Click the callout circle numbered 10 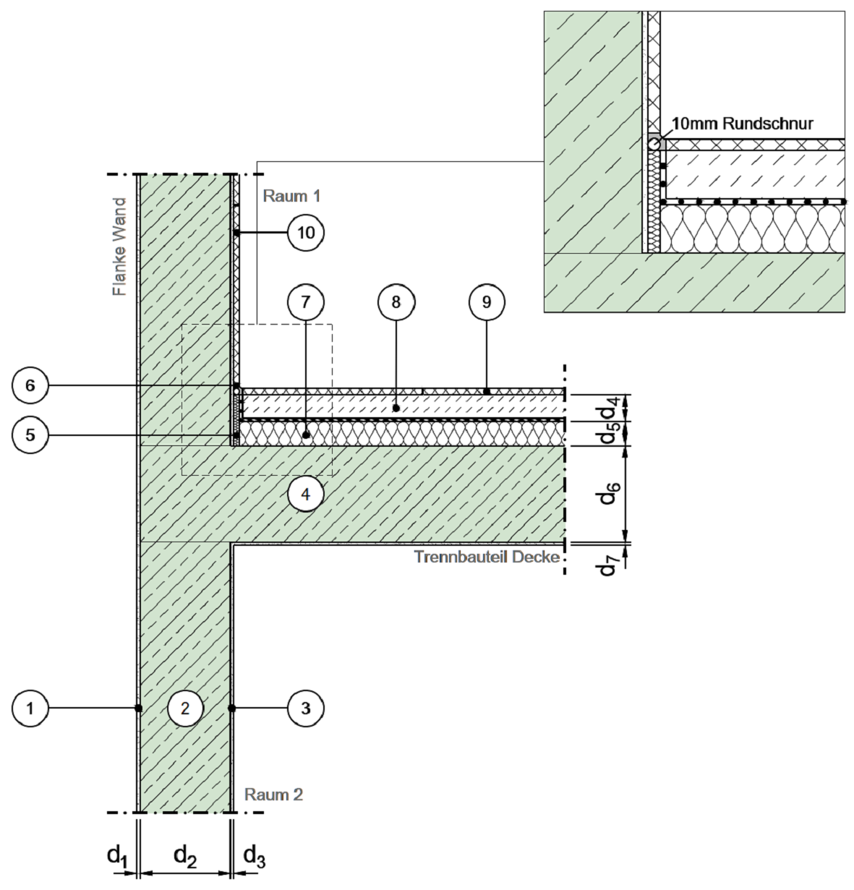point(306,233)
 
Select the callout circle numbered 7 point(306,302)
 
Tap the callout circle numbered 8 point(396,302)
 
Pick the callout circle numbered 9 point(486,302)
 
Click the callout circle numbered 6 point(30,385)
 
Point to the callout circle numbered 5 point(30,435)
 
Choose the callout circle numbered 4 point(306,495)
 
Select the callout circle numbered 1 point(30,709)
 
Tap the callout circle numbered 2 point(185,709)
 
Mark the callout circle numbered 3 point(306,709)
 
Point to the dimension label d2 point(185,856)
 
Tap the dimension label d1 point(118,856)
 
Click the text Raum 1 point(292,196)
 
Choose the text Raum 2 point(273,795)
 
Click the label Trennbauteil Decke point(487,557)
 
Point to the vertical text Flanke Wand point(119,247)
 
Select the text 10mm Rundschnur point(743,124)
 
